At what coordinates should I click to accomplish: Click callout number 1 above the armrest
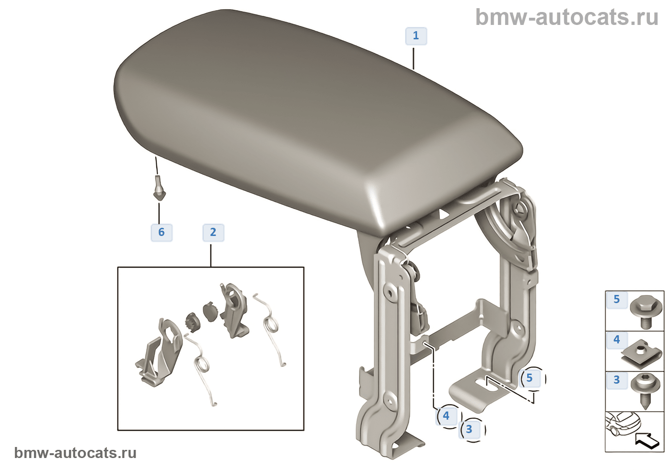[416, 36]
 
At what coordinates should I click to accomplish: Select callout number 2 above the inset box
[213, 233]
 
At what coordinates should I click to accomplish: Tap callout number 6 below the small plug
[162, 233]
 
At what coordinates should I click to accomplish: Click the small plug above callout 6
[159, 188]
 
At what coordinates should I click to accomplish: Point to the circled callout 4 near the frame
[446, 416]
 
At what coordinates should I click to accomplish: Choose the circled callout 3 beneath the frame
[469, 429]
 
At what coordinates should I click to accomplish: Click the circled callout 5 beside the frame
[530, 378]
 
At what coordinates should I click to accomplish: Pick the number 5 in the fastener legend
[617, 300]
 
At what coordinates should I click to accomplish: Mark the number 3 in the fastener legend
[617, 380]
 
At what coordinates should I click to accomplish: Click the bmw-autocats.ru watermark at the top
[567, 18]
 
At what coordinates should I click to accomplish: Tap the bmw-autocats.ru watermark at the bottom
[75, 453]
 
